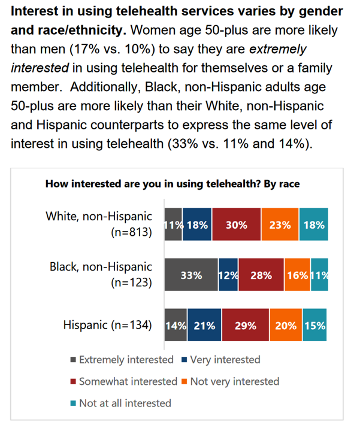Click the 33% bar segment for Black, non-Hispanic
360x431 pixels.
192,275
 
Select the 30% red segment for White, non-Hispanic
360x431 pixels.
236,225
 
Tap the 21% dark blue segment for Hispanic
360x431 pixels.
204,326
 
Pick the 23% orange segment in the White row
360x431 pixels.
280,225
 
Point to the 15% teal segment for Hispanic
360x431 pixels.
314,326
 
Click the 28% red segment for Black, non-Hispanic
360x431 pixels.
261,275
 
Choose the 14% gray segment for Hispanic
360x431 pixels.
176,326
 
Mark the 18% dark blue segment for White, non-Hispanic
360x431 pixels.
197,225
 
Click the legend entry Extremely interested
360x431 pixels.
122,360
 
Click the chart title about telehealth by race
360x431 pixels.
173,184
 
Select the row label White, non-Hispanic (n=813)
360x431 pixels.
99,224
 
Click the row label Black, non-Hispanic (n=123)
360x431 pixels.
101,275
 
